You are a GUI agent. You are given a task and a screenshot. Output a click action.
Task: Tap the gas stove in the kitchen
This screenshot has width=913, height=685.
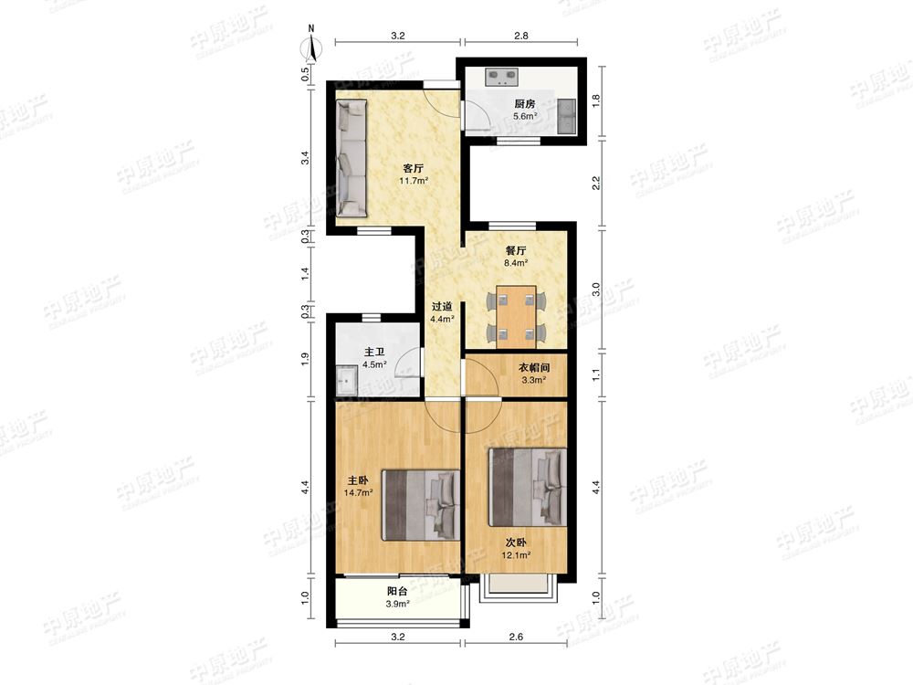click(x=502, y=78)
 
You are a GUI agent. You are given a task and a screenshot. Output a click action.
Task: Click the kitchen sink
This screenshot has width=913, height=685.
click(x=566, y=115)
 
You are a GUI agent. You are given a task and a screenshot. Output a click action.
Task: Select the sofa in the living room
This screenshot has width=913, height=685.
click(x=352, y=158)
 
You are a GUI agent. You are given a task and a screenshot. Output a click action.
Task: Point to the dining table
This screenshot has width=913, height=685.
click(x=516, y=317)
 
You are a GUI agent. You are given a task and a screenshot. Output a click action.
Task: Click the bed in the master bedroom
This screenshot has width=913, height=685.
click(x=421, y=506)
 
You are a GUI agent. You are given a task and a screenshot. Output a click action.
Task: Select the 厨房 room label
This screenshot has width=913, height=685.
click(x=525, y=104)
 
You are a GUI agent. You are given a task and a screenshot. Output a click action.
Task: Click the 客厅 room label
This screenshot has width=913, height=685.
click(x=414, y=168)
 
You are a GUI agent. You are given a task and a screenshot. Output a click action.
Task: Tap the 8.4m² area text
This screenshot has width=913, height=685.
click(x=516, y=263)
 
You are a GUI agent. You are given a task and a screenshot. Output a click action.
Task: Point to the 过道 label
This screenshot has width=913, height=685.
click(x=442, y=306)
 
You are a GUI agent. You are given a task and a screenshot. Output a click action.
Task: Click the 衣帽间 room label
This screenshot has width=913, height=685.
click(x=534, y=367)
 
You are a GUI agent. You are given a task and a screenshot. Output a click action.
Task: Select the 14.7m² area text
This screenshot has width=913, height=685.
click(x=358, y=493)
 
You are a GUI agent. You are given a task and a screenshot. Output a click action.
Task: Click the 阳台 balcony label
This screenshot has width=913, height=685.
click(x=397, y=591)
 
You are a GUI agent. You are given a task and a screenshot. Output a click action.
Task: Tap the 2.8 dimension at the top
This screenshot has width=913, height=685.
click(x=521, y=36)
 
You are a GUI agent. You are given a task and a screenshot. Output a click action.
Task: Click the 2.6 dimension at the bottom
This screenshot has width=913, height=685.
click(x=516, y=637)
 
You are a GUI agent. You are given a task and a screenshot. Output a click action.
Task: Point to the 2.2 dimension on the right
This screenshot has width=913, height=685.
click(x=595, y=183)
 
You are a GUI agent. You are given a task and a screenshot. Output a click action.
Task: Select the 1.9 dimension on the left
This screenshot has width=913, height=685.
click(x=305, y=359)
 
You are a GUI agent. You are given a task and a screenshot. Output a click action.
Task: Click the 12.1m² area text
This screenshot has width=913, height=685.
click(x=516, y=554)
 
